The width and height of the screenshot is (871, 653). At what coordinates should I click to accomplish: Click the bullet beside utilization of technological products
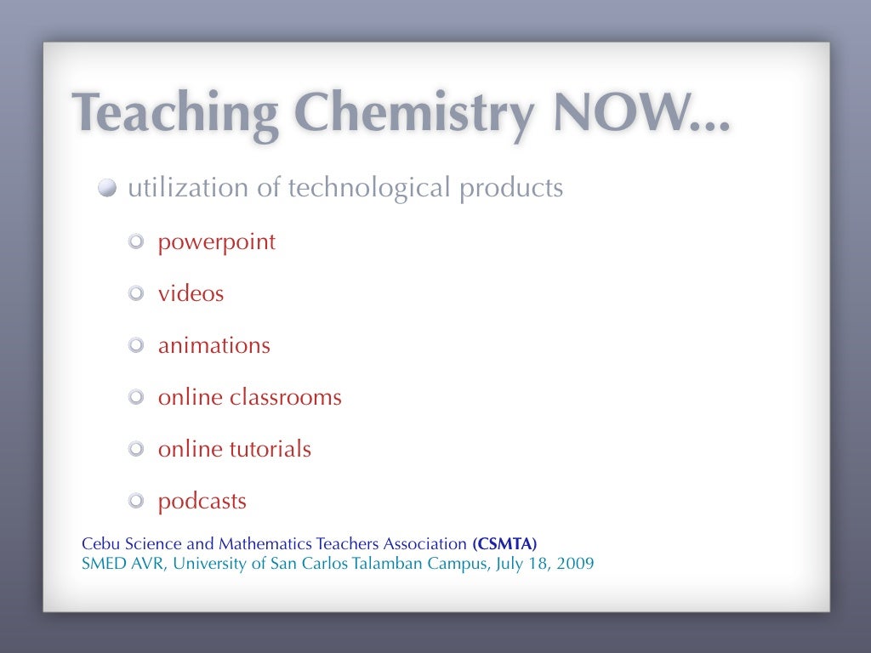pyautogui.click(x=107, y=189)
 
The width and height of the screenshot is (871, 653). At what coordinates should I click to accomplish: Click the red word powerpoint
pyautogui.click(x=217, y=242)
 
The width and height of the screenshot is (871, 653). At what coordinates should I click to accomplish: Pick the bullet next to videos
pyautogui.click(x=137, y=294)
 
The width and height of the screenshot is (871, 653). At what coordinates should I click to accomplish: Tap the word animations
pyautogui.click(x=213, y=346)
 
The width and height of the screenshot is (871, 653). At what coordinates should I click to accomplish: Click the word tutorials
pyautogui.click(x=270, y=449)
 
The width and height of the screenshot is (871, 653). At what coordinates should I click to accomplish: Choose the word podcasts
pyautogui.click(x=202, y=502)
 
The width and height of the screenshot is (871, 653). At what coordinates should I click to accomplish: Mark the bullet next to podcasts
pyautogui.click(x=137, y=502)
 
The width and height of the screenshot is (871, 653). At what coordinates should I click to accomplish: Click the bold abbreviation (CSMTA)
pyautogui.click(x=504, y=544)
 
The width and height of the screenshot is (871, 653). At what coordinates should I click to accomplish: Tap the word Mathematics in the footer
pyautogui.click(x=265, y=544)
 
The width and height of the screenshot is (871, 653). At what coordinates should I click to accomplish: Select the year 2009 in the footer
pyautogui.click(x=576, y=563)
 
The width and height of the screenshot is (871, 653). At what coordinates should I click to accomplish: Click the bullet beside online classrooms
pyautogui.click(x=137, y=398)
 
